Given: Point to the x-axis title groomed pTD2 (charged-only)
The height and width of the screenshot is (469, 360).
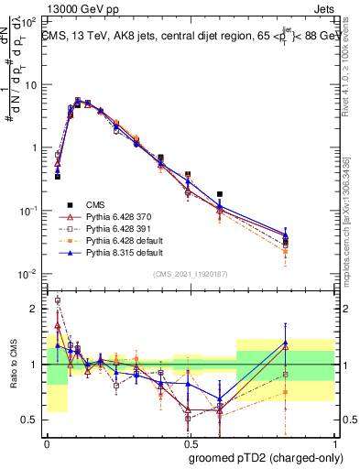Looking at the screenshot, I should point(267,458).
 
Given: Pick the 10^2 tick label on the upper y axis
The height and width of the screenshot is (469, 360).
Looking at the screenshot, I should point(29,21).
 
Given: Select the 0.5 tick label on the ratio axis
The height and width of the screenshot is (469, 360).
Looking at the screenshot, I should point(32,420).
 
